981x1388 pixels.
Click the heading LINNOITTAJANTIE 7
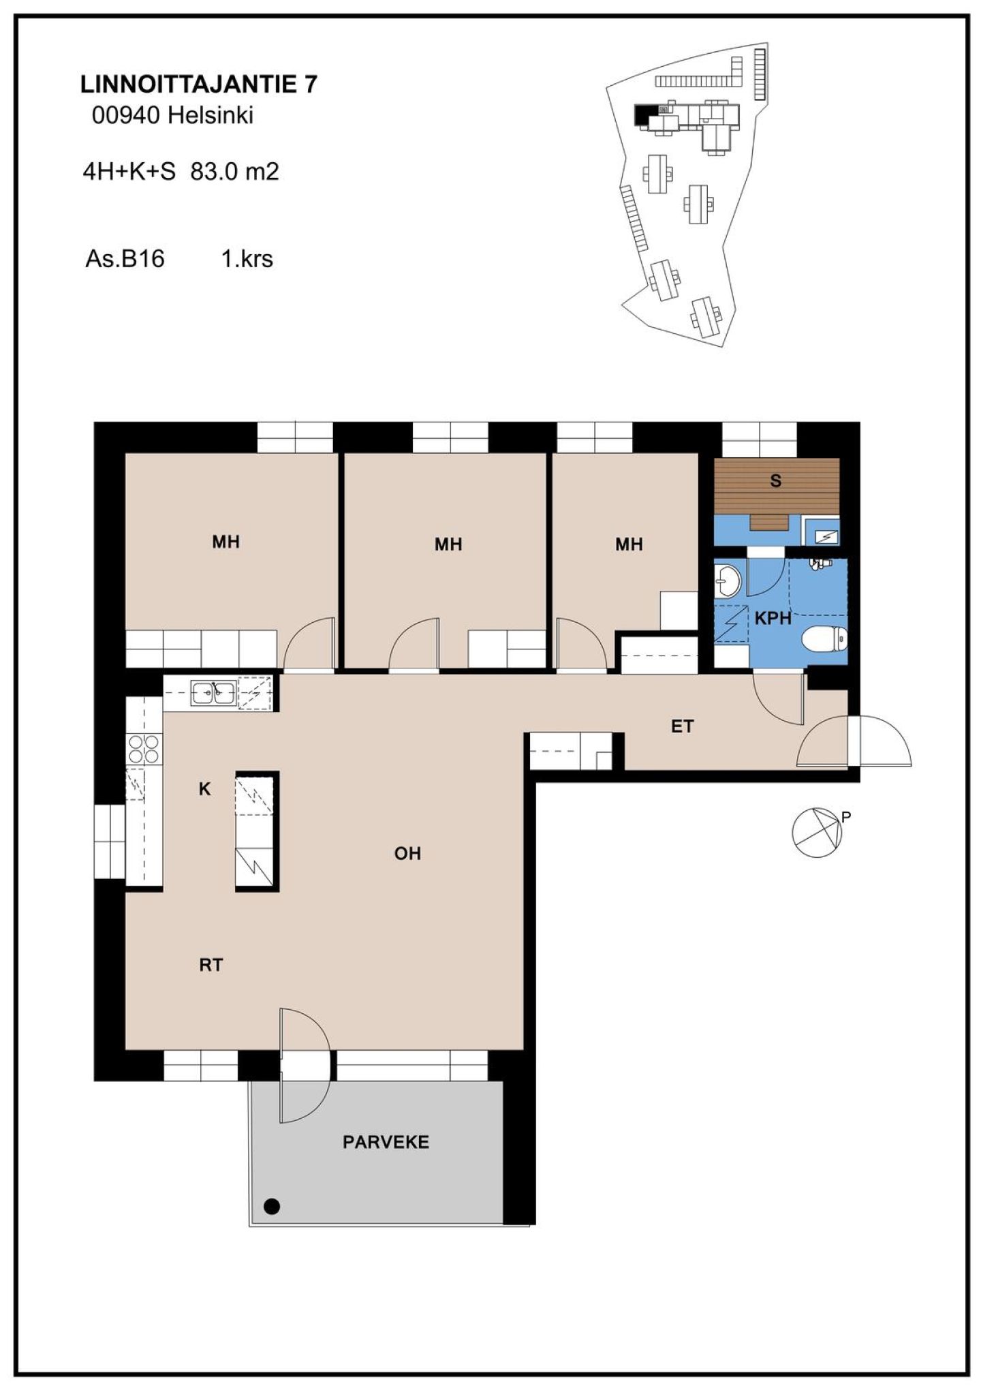199,84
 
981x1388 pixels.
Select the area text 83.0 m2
235,171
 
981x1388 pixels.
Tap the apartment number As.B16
125,259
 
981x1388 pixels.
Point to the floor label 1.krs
247,259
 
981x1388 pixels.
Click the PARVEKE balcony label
386,1141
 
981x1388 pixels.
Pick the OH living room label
407,853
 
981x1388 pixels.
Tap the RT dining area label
211,965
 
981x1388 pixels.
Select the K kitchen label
204,789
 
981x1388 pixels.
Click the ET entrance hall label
682,726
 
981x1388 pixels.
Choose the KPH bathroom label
773,619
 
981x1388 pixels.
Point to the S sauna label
775,481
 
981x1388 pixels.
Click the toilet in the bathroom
824,640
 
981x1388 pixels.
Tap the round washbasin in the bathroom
728,582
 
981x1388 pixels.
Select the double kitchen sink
214,693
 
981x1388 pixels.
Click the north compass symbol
817,832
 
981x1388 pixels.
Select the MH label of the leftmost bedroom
225,542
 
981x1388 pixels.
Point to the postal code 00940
126,115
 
